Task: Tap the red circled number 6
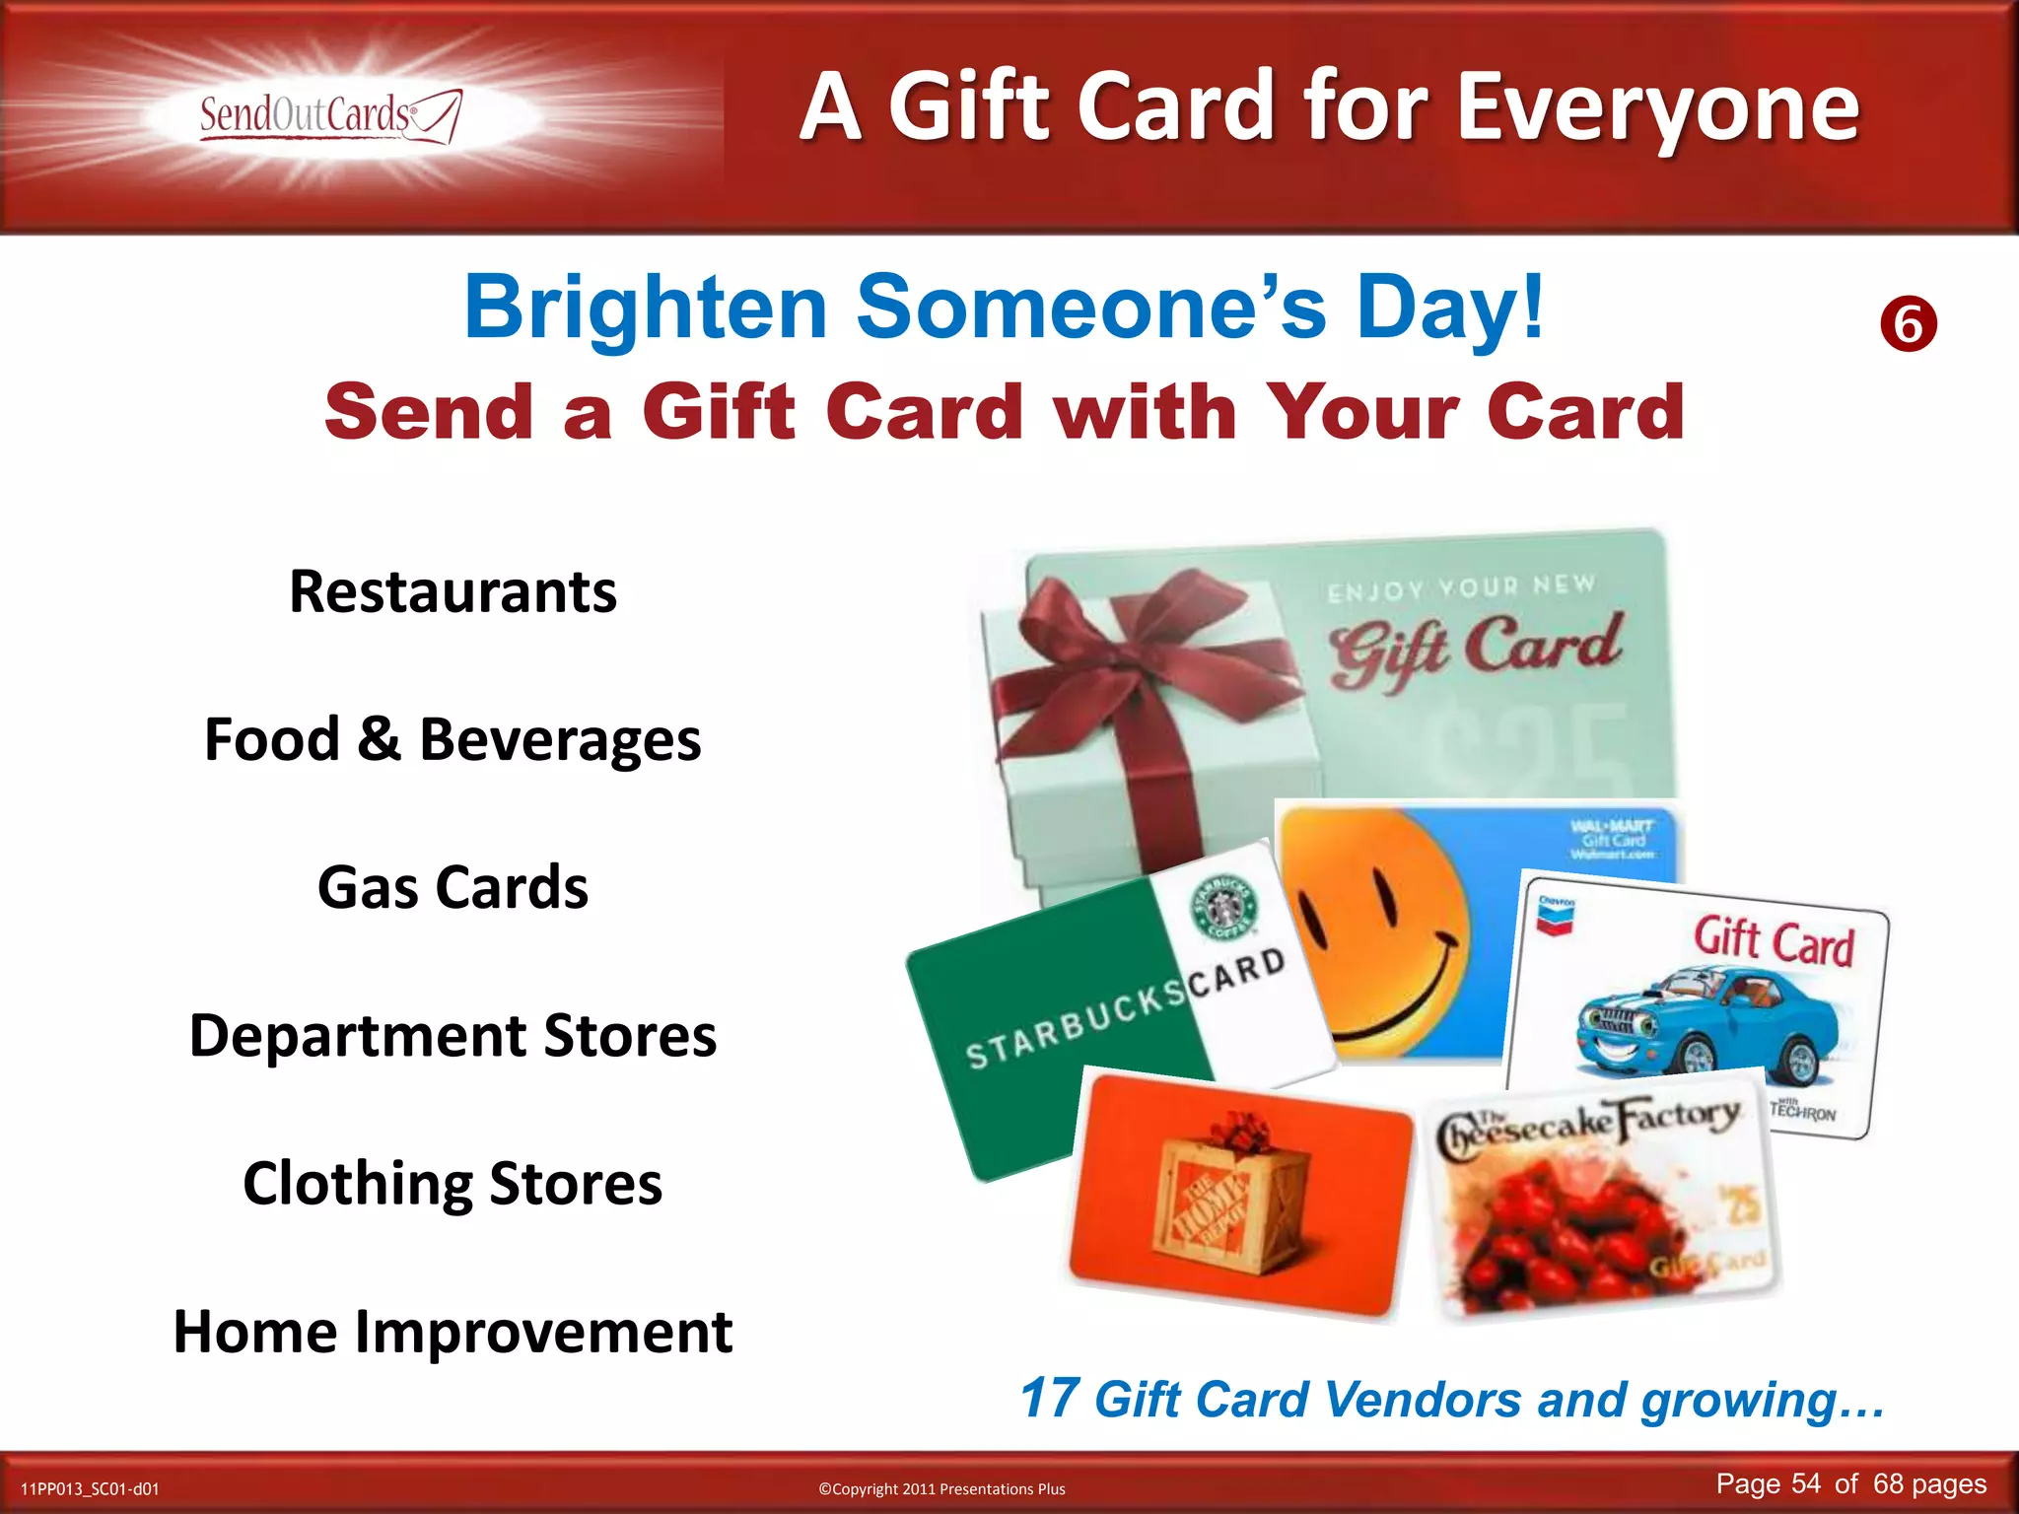1909,324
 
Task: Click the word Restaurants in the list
453,591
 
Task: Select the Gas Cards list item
453,887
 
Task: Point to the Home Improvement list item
453,1332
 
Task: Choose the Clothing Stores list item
453,1183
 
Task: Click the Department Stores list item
453,1035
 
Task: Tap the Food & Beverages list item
453,739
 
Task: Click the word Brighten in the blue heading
646,308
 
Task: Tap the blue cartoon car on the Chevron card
1706,1025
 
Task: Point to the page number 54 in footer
1806,1484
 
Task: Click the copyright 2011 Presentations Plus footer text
941,1489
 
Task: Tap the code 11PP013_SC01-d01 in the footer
90,1489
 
